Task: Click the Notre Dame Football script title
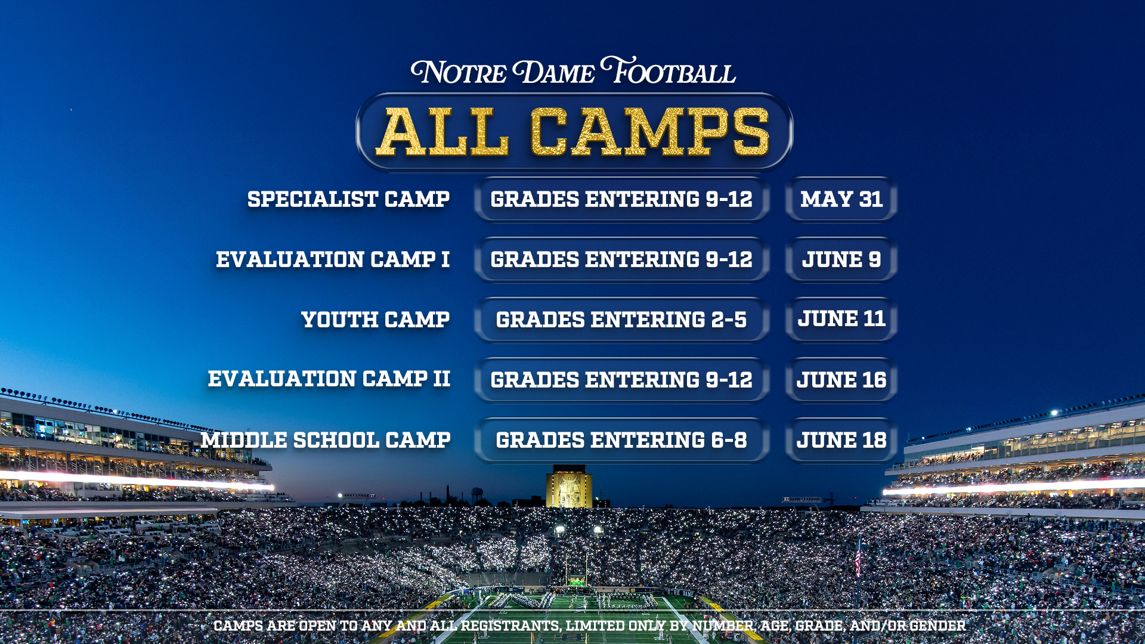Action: [x=573, y=71]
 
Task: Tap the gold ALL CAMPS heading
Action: [x=573, y=132]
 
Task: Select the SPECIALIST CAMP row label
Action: [x=348, y=199]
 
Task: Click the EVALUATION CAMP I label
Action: [x=333, y=259]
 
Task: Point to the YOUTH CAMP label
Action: [x=375, y=320]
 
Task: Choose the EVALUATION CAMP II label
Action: [x=329, y=379]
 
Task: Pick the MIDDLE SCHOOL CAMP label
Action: [x=326, y=440]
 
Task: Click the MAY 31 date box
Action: [x=841, y=199]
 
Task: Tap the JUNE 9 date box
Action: [x=841, y=259]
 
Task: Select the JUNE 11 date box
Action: [x=841, y=320]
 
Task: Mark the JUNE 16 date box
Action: [x=841, y=380]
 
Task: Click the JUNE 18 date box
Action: [x=841, y=440]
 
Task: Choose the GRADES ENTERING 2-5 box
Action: [x=621, y=320]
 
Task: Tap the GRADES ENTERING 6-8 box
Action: [x=621, y=440]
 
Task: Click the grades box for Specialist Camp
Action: [x=621, y=199]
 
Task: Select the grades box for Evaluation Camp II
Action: [x=621, y=380]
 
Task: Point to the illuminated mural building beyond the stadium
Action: [x=569, y=487]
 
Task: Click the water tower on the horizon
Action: [x=477, y=496]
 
